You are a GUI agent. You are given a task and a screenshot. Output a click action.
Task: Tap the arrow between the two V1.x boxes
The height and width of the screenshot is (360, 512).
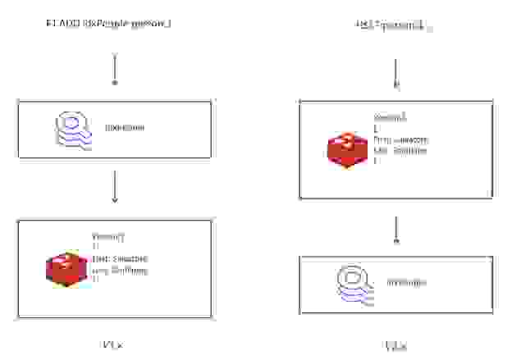114,186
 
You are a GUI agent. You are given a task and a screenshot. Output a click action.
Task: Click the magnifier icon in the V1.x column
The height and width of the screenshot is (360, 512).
71,129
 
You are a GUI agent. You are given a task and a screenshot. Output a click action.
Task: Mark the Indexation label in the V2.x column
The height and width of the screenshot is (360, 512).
406,283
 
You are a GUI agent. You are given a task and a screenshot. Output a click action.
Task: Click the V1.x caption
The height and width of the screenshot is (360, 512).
114,345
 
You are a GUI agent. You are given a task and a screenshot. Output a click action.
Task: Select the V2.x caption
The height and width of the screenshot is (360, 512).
396,347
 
